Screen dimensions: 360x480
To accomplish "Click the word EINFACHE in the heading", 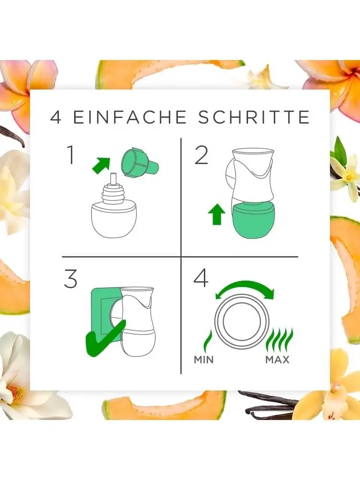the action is (130, 117).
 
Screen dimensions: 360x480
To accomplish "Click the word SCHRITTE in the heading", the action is (254, 117).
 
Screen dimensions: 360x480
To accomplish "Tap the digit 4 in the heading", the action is (56, 117).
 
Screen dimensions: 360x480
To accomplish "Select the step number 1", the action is (71, 155).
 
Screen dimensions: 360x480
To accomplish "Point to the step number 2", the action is (202, 155).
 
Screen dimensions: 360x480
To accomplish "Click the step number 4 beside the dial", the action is (201, 278).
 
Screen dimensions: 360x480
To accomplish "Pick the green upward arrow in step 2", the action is (216, 215).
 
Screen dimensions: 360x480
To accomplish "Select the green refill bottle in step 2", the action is (254, 221).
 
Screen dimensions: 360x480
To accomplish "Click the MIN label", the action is (204, 360).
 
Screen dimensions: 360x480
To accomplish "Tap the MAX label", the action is (277, 360).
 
